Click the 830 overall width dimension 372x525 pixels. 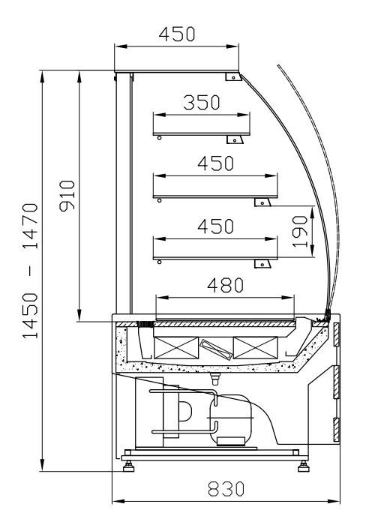(x=226, y=489)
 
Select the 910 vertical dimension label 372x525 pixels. (x=67, y=196)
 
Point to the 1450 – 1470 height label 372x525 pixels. (x=30, y=271)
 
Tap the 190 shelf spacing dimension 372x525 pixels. (x=300, y=231)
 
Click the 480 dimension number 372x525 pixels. (x=225, y=285)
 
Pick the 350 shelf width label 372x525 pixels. (x=202, y=103)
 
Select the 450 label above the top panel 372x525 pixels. (x=177, y=34)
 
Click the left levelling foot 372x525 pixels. (x=128, y=466)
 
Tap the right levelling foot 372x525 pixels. (x=303, y=466)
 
